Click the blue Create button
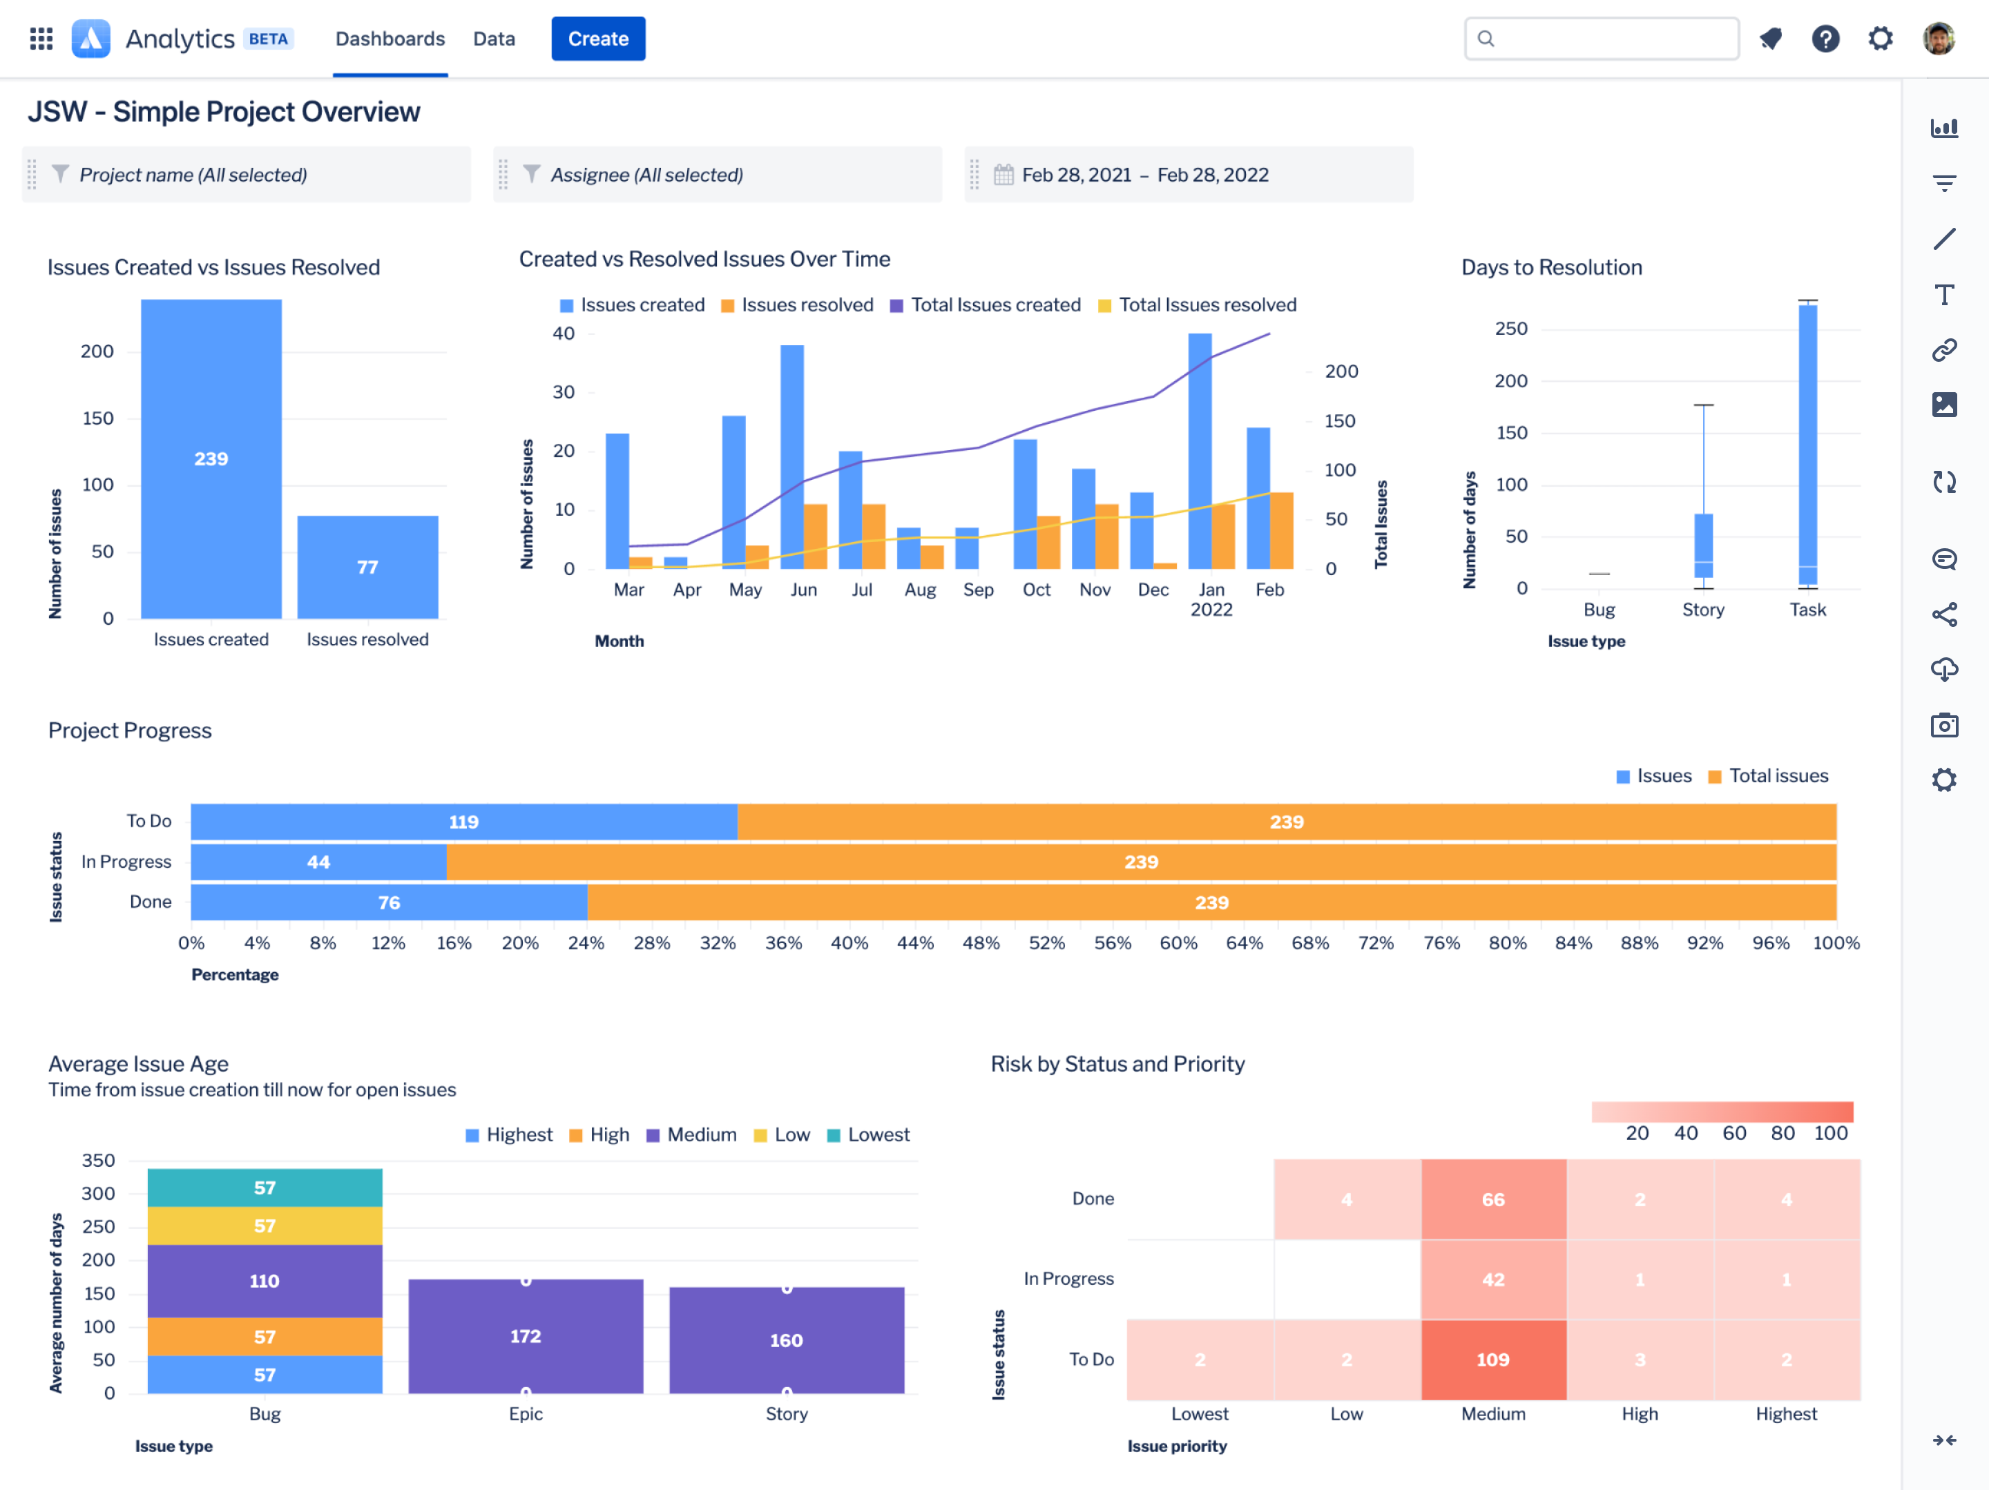[x=598, y=39]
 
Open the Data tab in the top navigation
[x=494, y=39]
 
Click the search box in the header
[x=1601, y=39]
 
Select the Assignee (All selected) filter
[x=646, y=175]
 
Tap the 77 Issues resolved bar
[x=367, y=566]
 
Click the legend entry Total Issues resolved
[x=1206, y=304]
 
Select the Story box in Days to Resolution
[x=1703, y=545]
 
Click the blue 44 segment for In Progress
[x=318, y=862]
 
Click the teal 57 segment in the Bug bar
[x=265, y=1187]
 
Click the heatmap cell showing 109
[x=1492, y=1359]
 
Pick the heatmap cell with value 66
[x=1492, y=1199]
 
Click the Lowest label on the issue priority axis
[x=1199, y=1413]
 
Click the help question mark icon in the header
[x=1825, y=39]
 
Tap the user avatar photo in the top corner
[x=1938, y=39]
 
